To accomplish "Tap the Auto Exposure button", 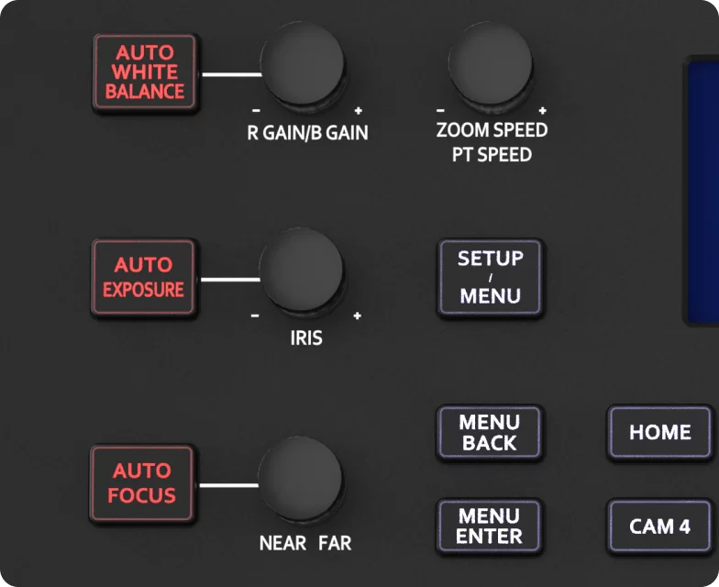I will pyautogui.click(x=144, y=277).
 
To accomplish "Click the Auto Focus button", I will pyautogui.click(x=142, y=483).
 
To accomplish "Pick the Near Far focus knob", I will pyautogui.click(x=299, y=479).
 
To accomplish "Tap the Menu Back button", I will pyautogui.click(x=489, y=432).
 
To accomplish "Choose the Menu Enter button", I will pyautogui.click(x=489, y=526).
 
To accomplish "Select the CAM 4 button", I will pyautogui.click(x=659, y=526).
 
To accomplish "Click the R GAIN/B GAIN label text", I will pyautogui.click(x=307, y=133).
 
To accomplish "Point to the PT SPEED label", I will pyautogui.click(x=492, y=155).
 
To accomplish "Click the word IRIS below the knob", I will pyautogui.click(x=305, y=338).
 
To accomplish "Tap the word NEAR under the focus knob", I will pyautogui.click(x=282, y=543).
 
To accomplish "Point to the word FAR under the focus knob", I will pyautogui.click(x=335, y=543).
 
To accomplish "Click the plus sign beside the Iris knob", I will pyautogui.click(x=357, y=316).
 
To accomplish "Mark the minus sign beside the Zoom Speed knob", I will pyautogui.click(x=441, y=109).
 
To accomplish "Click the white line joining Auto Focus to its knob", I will pyautogui.click(x=228, y=484).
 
